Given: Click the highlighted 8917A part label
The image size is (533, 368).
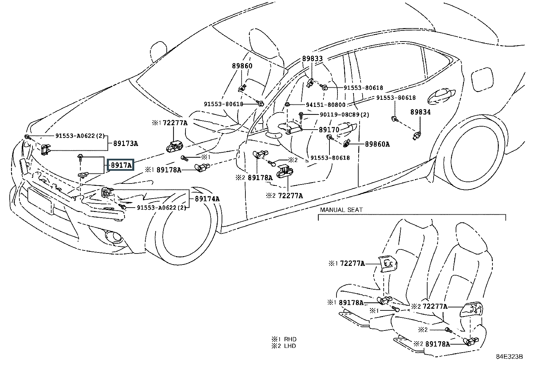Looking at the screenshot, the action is click(x=121, y=165).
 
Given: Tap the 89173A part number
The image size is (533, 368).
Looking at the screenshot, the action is click(x=126, y=144).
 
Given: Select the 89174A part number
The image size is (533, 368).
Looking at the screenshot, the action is click(x=207, y=199).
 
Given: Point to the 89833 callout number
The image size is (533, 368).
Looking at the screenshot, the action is click(x=312, y=59).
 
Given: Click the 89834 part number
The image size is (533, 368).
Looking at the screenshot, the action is click(x=421, y=112).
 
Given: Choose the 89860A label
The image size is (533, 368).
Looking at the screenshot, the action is click(x=377, y=144).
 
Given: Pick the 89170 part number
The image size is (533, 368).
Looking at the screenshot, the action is click(x=329, y=130).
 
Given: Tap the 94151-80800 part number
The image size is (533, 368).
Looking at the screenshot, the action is click(x=326, y=105).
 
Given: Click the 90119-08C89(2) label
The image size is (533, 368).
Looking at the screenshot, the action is click(x=345, y=115).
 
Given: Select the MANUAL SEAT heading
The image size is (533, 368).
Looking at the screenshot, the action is click(x=341, y=210).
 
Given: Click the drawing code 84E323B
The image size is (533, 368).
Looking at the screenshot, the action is click(x=509, y=357).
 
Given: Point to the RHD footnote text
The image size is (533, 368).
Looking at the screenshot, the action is click(x=290, y=339).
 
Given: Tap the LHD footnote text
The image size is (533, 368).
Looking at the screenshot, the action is click(x=290, y=346).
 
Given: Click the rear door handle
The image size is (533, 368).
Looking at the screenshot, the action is click(x=441, y=96).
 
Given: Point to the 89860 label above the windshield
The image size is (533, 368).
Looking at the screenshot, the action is click(x=242, y=66).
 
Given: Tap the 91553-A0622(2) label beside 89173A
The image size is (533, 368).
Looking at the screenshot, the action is click(x=80, y=136).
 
